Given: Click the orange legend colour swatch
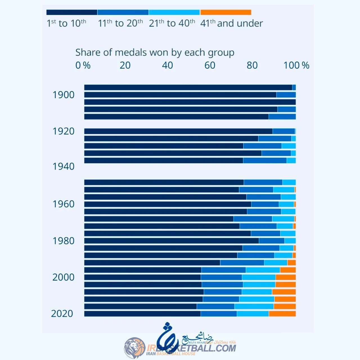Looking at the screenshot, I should tap(226, 12).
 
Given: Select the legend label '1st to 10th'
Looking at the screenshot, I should tap(66, 23).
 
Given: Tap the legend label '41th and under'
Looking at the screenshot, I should tap(231, 23).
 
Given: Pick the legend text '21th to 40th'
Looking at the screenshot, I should tap(172, 23).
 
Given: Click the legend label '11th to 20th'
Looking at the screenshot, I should tap(120, 23).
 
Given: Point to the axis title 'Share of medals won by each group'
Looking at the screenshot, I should tap(155, 53).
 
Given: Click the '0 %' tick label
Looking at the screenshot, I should tap(83, 65).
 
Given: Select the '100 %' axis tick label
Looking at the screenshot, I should tap(296, 65).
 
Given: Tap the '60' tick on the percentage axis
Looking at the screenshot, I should tap(210, 65).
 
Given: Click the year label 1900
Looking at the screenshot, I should tap(64, 95).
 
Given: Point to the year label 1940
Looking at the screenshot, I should tap(64, 166).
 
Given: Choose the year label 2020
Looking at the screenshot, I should tap(62, 313).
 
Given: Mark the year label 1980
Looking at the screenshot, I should tap(64, 241).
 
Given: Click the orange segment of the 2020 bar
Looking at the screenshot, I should tap(282, 314).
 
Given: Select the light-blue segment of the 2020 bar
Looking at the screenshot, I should tap(253, 314).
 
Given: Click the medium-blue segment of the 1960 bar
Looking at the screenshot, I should tap(265, 204).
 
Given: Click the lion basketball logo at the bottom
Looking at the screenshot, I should tap(135, 348).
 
